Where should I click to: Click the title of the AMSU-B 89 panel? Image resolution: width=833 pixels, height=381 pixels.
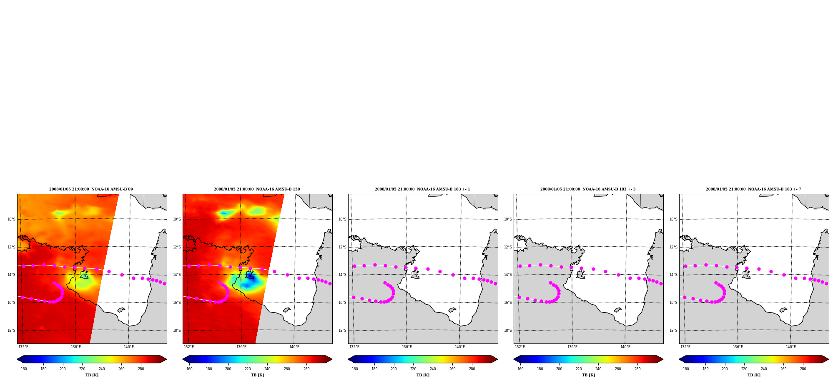click(x=91, y=189)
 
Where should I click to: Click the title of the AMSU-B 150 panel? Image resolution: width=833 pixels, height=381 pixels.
click(x=257, y=189)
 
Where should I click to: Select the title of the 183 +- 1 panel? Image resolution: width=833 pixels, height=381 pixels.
click(x=422, y=189)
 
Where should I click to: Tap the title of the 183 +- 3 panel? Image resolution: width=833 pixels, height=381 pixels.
click(x=588, y=189)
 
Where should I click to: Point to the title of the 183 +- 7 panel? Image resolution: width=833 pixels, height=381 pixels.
click(x=753, y=189)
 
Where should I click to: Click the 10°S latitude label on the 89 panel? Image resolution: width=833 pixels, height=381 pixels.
click(x=11, y=219)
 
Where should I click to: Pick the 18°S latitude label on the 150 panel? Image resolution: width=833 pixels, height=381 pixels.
click(x=177, y=331)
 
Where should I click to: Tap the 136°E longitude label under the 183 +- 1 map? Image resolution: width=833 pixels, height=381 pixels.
click(x=407, y=347)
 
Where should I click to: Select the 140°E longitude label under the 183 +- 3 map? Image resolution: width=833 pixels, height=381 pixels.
click(x=625, y=347)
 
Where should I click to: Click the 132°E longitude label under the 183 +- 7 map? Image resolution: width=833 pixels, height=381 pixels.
click(x=685, y=347)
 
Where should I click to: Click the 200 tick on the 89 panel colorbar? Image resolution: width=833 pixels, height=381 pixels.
click(x=63, y=369)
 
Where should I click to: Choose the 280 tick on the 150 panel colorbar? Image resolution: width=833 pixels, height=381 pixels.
click(x=306, y=369)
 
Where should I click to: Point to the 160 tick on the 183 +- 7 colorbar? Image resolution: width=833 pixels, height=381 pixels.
click(x=686, y=369)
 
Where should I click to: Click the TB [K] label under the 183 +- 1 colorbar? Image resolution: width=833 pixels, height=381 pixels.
click(x=423, y=375)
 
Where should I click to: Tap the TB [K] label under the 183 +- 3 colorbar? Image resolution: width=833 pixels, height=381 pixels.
click(x=588, y=375)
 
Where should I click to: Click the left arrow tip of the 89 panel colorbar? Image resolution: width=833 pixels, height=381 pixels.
click(x=17, y=359)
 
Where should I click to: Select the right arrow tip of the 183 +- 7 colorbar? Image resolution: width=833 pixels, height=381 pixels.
click(x=828, y=359)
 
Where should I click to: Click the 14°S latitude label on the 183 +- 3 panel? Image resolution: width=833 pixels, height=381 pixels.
click(x=508, y=275)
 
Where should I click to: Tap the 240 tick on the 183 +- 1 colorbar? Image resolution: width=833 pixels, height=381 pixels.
click(x=433, y=369)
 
